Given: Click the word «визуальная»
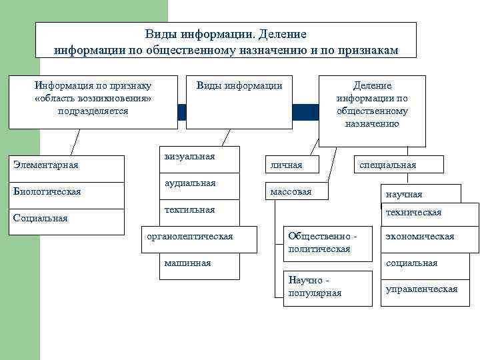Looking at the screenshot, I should tap(189, 156).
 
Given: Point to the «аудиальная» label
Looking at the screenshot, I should tap(190, 183).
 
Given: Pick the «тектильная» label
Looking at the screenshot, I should tap(189, 209).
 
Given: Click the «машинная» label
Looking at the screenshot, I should tap(187, 263).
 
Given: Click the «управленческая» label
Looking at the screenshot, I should tap(421, 289).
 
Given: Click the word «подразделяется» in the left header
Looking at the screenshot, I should tap(93, 111).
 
